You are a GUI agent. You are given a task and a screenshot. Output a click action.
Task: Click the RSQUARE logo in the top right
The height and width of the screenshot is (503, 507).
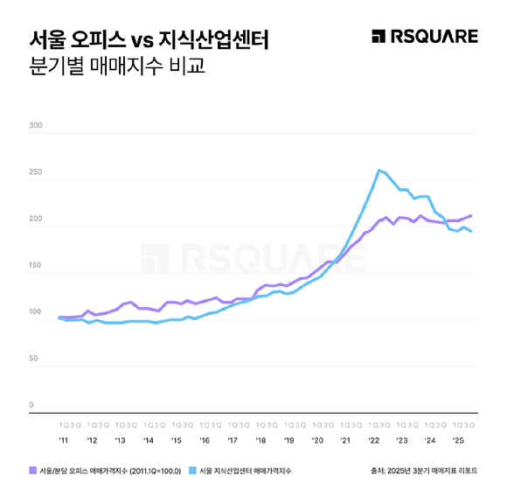click(x=425, y=36)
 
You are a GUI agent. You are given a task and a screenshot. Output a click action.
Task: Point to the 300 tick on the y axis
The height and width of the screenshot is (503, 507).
click(x=36, y=126)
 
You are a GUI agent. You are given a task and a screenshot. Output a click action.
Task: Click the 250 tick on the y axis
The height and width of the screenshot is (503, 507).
click(x=36, y=172)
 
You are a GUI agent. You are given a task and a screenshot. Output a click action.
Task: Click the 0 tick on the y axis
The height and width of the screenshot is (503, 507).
click(x=31, y=405)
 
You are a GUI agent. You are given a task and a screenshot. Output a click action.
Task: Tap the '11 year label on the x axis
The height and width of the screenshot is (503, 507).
click(x=64, y=441)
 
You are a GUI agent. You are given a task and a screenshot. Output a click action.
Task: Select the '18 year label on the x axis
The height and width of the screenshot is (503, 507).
click(x=260, y=441)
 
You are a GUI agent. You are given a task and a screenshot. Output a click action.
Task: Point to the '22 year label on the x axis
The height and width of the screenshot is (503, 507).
click(x=373, y=441)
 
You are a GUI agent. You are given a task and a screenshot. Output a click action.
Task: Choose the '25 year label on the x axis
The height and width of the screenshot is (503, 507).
click(x=458, y=441)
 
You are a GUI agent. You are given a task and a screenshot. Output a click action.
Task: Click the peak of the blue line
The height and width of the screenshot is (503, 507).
click(x=379, y=170)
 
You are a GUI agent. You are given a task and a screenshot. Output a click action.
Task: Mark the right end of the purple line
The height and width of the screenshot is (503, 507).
click(x=472, y=215)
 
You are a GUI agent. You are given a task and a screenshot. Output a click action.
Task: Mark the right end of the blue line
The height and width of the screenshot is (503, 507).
click(x=472, y=232)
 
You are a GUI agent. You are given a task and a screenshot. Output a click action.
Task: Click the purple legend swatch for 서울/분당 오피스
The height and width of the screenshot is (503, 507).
click(x=33, y=471)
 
